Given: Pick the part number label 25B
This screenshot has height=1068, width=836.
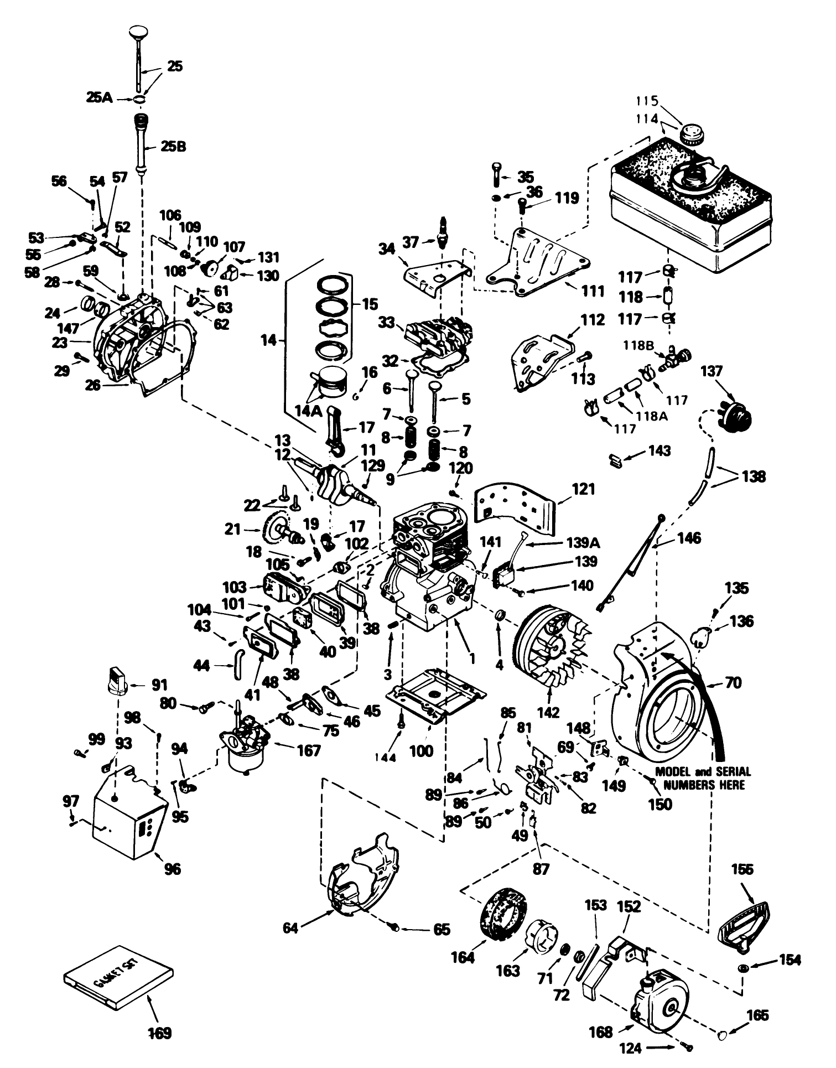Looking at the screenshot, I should [x=174, y=147].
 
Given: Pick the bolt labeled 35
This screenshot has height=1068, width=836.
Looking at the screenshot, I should [x=496, y=175].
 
